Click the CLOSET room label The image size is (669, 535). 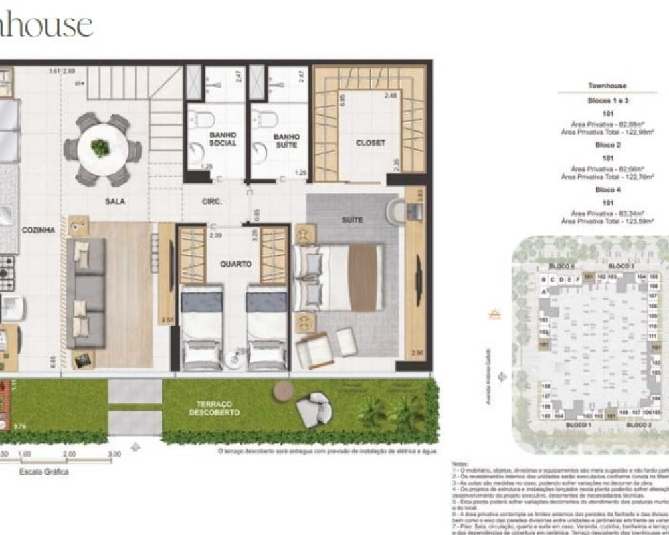370,142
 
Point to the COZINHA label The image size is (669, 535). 37,229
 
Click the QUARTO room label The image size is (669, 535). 235,263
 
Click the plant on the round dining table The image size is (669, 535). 100,148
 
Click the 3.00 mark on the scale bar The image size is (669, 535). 114,454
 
